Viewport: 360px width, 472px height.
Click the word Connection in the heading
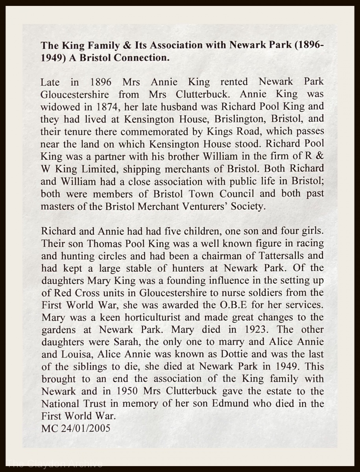point(141,58)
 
